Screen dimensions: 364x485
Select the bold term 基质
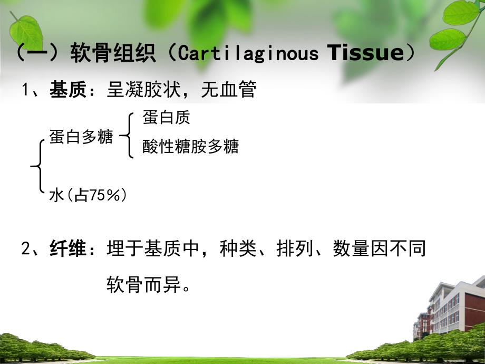pos(64,90)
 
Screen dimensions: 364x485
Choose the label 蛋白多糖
pos(81,137)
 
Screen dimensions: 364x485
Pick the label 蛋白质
pos(166,118)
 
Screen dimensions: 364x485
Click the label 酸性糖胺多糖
pos(190,147)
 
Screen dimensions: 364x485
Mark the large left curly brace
pos(37,167)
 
